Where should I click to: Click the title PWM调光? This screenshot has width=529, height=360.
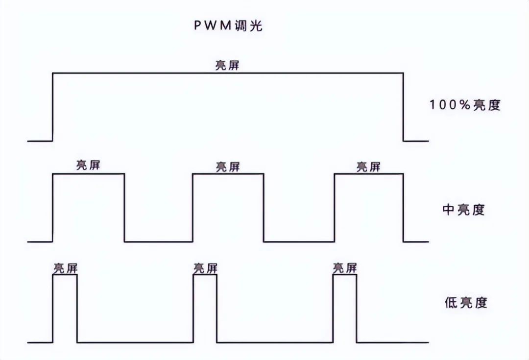pyautogui.click(x=228, y=26)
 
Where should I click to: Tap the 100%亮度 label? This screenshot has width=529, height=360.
pyautogui.click(x=465, y=105)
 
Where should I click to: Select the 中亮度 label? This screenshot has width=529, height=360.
pyautogui.click(x=463, y=210)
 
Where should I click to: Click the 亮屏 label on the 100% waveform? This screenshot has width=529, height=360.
pyautogui.click(x=228, y=65)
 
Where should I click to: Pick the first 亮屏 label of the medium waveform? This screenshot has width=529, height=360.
pyautogui.click(x=88, y=165)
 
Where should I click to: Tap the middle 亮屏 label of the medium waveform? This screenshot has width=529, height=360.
pyautogui.click(x=228, y=167)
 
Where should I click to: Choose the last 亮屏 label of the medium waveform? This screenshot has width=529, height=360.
pyautogui.click(x=368, y=167)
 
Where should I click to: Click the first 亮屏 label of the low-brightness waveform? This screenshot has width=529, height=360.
pyautogui.click(x=65, y=268)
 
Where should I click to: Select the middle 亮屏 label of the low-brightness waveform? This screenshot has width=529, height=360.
pyautogui.click(x=205, y=268)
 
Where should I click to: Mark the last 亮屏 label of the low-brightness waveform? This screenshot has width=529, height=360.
pyautogui.click(x=345, y=268)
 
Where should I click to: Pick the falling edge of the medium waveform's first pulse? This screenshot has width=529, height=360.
pyautogui.click(x=124, y=208)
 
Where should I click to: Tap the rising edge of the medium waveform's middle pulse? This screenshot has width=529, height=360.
pyautogui.click(x=192, y=208)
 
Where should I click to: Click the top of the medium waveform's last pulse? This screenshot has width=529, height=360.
pyautogui.click(x=368, y=174)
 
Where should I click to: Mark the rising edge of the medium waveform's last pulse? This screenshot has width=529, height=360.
pyautogui.click(x=334, y=208)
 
